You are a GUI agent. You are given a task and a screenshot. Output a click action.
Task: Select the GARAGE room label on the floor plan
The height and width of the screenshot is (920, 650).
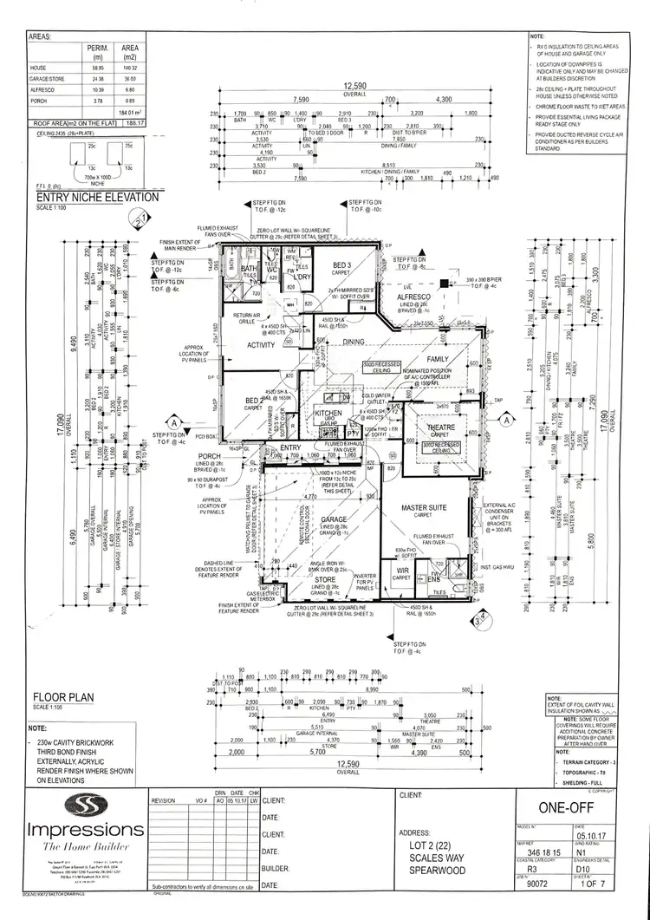[x=334, y=519]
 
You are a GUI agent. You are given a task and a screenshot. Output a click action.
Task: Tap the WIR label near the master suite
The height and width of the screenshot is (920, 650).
[x=400, y=570]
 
